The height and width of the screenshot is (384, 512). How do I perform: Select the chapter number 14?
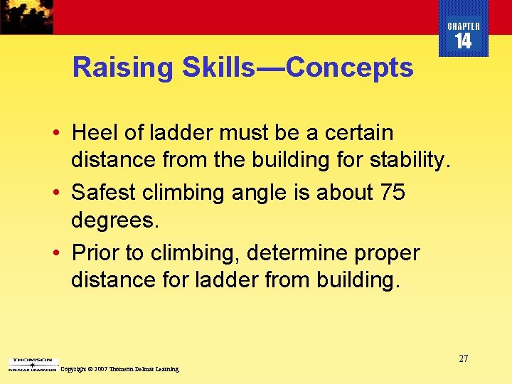tap(463, 41)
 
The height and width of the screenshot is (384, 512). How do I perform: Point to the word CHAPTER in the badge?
tap(464, 26)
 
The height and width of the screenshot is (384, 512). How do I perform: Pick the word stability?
tap(409, 161)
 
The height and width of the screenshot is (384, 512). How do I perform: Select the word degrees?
tap(115, 220)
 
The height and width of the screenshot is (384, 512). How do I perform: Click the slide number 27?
tap(463, 358)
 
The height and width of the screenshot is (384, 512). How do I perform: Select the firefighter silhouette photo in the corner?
tap(26, 16)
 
